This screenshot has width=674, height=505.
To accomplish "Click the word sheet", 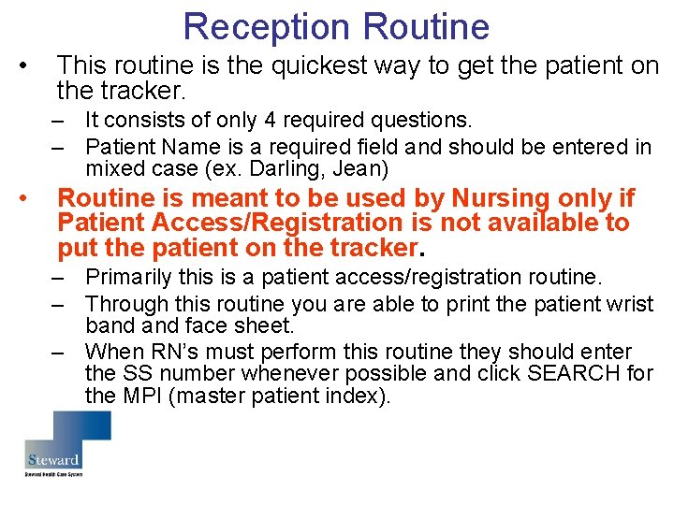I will (266, 325).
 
